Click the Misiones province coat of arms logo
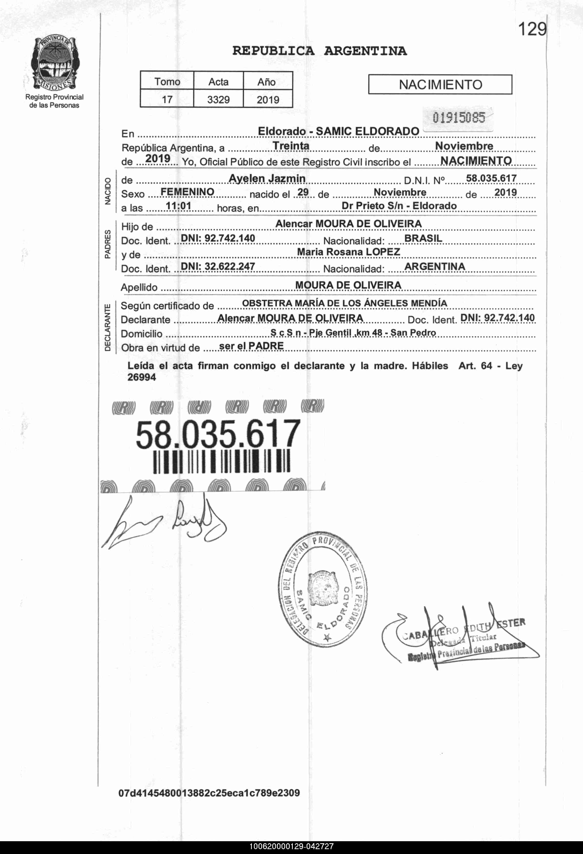(54, 63)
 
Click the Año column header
(267, 82)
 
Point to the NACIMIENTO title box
(440, 85)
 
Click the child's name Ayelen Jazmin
(267, 178)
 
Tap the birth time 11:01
(179, 206)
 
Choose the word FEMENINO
(187, 192)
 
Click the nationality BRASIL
(423, 238)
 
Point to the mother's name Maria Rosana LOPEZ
(348, 252)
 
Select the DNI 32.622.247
(218, 266)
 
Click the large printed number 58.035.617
(218, 434)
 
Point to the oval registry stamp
(322, 591)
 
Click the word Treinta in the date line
(291, 146)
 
